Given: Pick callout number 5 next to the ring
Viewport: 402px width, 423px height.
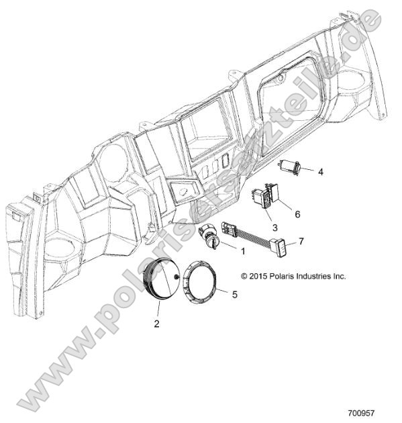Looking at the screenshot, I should tap(234, 293).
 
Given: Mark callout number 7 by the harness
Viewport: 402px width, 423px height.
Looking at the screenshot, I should tap(301, 240).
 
